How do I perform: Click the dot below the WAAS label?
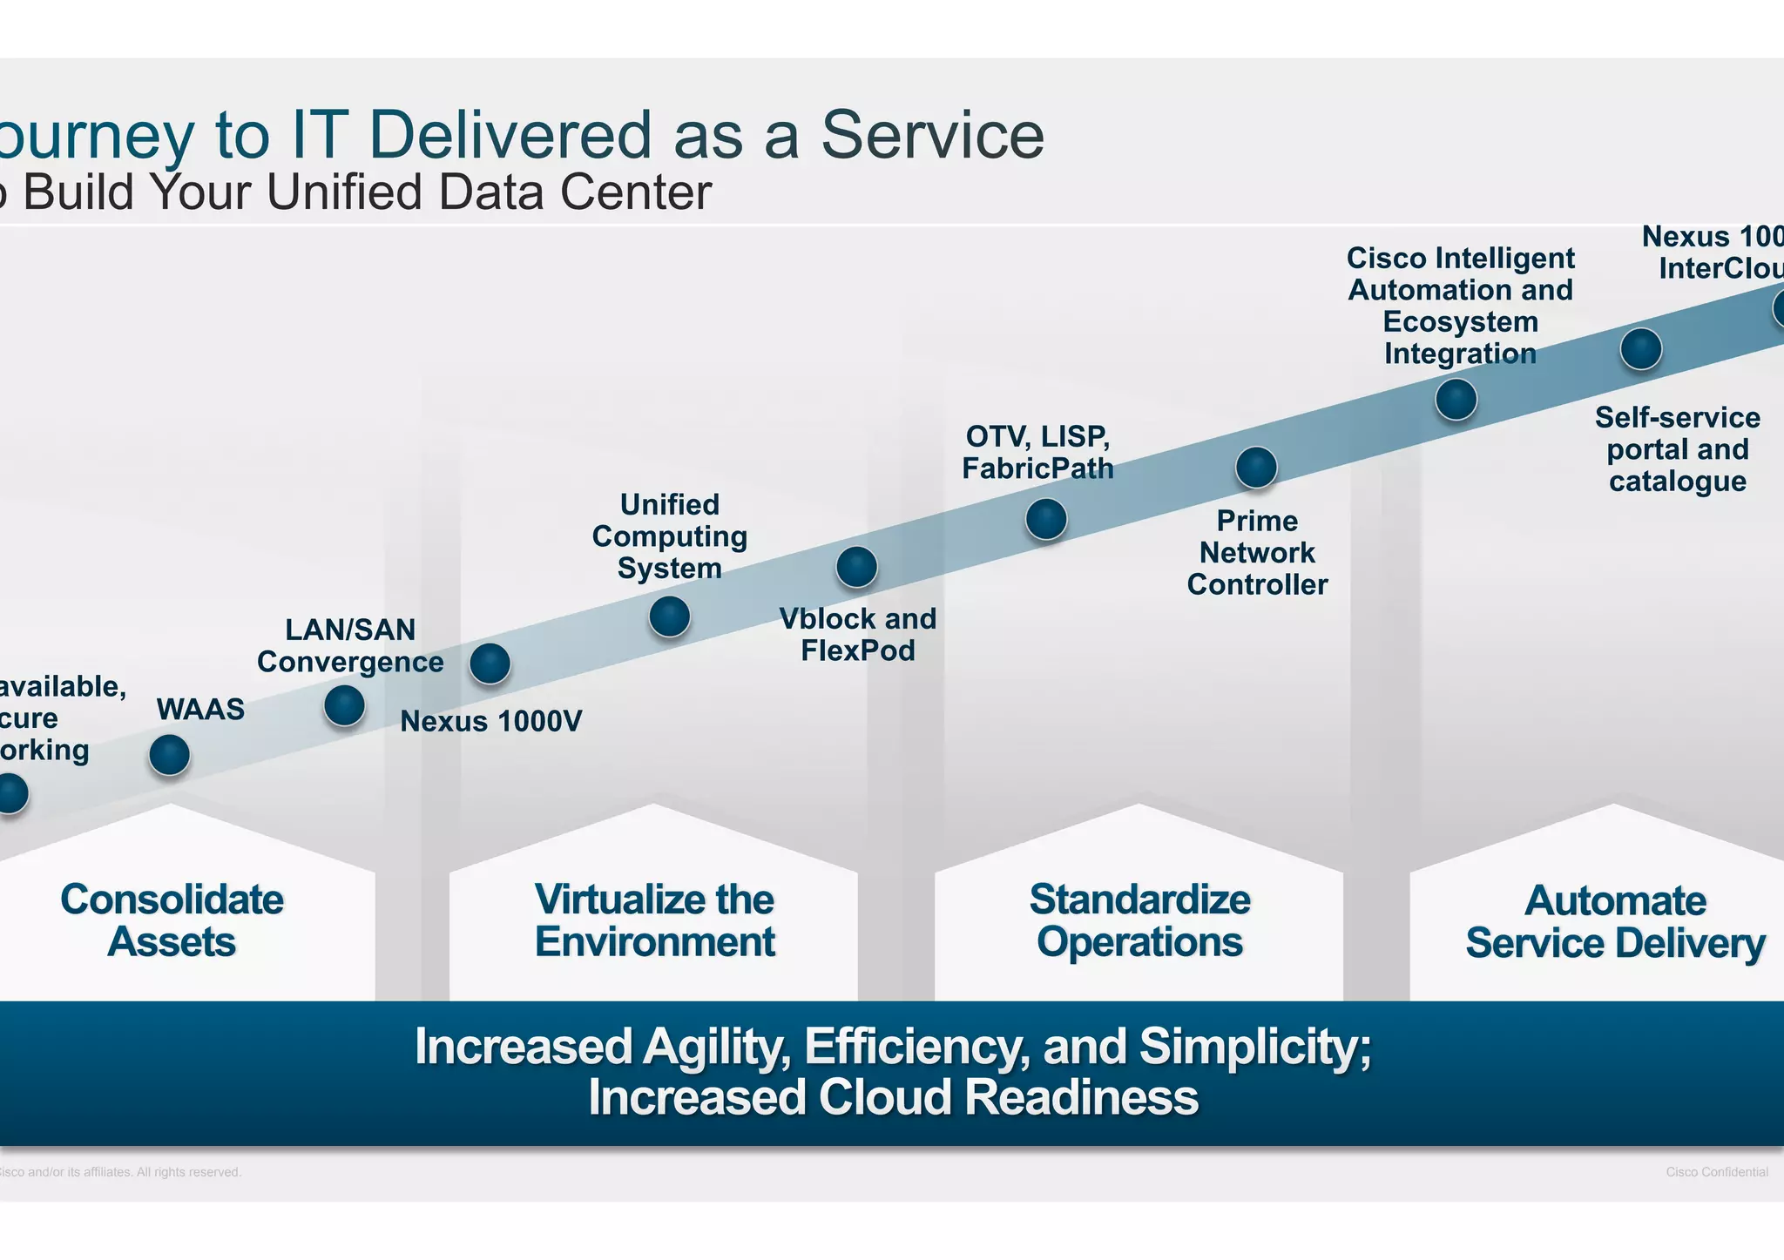pyautogui.click(x=170, y=755)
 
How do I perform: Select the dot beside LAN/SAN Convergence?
pyautogui.click(x=344, y=705)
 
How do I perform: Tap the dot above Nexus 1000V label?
pyautogui.click(x=490, y=664)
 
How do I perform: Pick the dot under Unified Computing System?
pyautogui.click(x=670, y=617)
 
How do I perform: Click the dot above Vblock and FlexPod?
pyautogui.click(x=856, y=568)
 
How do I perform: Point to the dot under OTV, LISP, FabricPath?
pyautogui.click(x=1046, y=520)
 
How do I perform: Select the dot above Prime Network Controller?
pyautogui.click(x=1256, y=468)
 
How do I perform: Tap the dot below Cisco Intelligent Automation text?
pyautogui.click(x=1456, y=400)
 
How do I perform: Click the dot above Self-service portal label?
pyautogui.click(x=1641, y=349)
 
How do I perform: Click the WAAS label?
pyautogui.click(x=200, y=710)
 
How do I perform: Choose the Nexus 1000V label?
pyautogui.click(x=490, y=722)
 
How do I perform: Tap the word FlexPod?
pyautogui.click(x=858, y=651)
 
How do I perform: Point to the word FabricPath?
pyautogui.click(x=1037, y=468)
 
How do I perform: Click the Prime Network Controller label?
pyautogui.click(x=1257, y=553)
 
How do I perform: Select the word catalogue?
pyautogui.click(x=1677, y=482)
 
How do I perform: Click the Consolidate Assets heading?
pyautogui.click(x=172, y=921)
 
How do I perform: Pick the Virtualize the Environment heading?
pyautogui.click(x=654, y=921)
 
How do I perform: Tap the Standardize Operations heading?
pyautogui.click(x=1139, y=921)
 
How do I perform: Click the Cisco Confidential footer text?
pyautogui.click(x=1716, y=1172)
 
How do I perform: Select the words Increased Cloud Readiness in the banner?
pyautogui.click(x=893, y=1097)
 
